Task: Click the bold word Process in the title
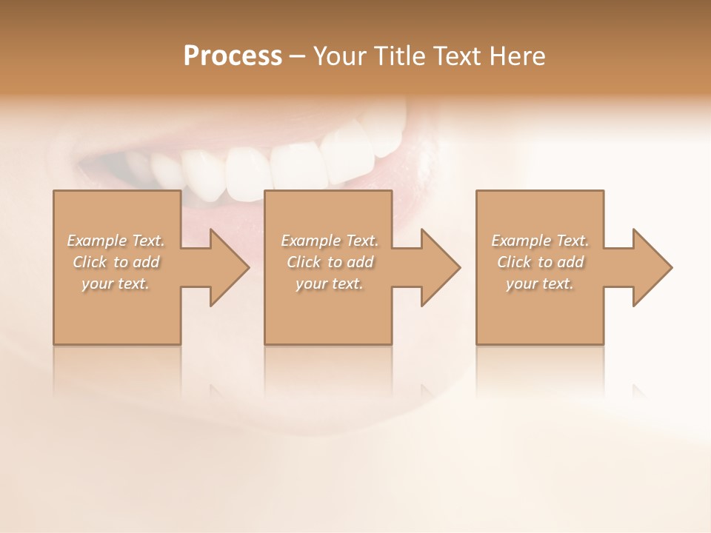tap(233, 56)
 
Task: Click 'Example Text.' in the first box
tap(116, 241)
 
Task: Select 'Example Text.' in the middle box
tap(330, 241)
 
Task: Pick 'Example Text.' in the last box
tap(540, 241)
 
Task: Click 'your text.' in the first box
tap(116, 284)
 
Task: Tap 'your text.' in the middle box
tap(330, 284)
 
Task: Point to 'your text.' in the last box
tap(540, 284)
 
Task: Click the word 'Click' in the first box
tap(90, 262)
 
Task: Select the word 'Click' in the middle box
tap(304, 262)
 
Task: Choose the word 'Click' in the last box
tap(514, 262)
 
